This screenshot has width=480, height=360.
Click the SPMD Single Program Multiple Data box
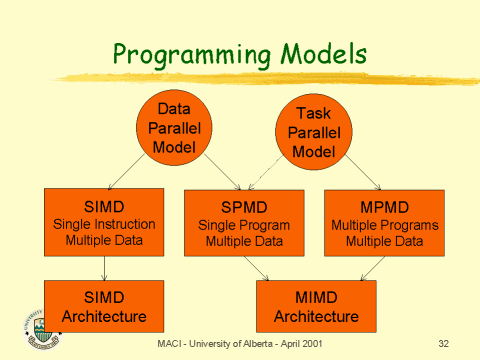245,222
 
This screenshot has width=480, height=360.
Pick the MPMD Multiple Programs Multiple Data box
384,222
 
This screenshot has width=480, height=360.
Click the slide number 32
445,344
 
